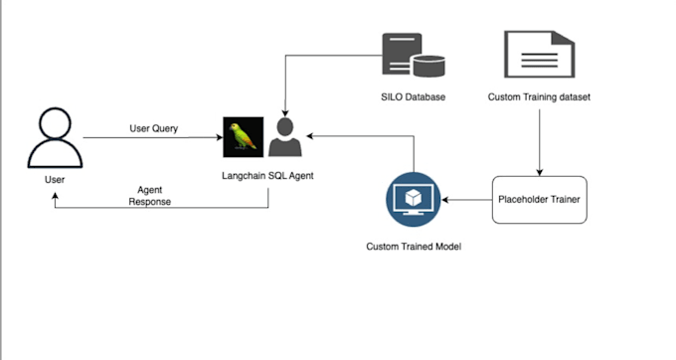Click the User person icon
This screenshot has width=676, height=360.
point(54,141)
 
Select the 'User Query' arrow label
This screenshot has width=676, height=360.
point(153,128)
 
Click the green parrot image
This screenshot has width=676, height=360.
point(243,137)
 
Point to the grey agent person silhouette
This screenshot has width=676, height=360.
point(285,138)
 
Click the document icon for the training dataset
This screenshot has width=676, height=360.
point(538,55)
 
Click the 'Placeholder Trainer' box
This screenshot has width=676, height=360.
point(539,200)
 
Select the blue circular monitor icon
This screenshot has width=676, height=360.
point(412,200)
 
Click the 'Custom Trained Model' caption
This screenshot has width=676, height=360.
point(413,245)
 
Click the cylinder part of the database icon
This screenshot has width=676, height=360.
point(431,66)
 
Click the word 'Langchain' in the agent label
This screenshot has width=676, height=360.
point(244,175)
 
